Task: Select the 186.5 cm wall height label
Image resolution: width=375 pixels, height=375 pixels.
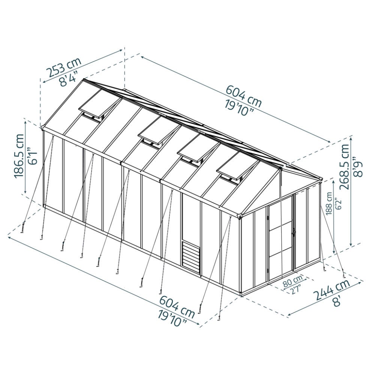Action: pos(19,156)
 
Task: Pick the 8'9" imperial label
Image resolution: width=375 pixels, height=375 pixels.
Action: pos(359,167)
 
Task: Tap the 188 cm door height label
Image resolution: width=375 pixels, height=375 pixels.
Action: pos(330,204)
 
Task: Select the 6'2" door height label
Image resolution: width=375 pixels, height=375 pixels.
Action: pos(337,204)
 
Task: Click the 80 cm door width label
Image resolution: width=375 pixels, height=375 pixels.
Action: pos(292,282)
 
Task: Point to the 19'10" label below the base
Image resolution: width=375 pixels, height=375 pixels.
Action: pos(172,318)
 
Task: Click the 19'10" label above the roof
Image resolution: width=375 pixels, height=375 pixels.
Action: pos(239,108)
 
